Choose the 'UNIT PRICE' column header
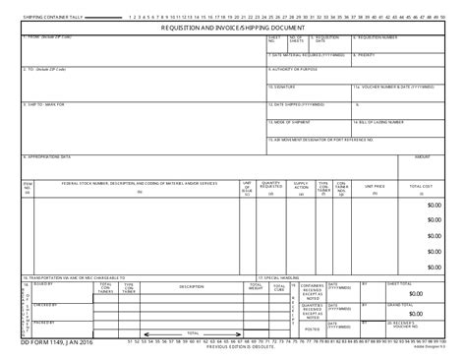tap(375, 184)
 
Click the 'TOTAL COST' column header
tap(421, 184)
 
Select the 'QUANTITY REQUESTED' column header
tap(271, 184)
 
